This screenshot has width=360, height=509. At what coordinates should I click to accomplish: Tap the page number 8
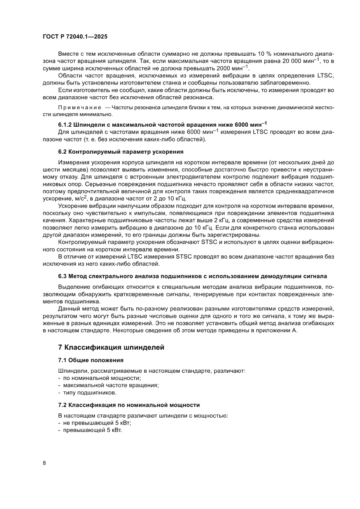coord(44,463)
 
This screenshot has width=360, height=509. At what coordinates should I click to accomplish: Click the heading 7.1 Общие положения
coord(91,360)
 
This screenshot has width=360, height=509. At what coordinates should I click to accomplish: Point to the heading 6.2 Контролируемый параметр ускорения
coord(121,152)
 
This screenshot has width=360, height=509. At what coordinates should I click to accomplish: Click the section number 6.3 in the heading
coord(63,276)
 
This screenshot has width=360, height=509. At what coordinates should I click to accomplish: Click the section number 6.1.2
coord(67,125)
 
